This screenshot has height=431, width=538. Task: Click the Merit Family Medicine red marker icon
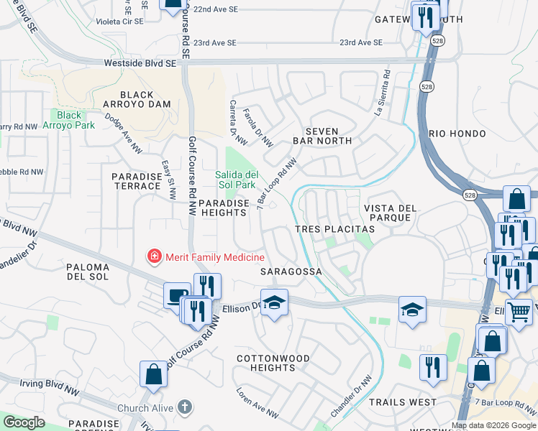pyautogui.click(x=153, y=256)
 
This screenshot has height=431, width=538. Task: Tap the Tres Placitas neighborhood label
pyautogui.click(x=335, y=228)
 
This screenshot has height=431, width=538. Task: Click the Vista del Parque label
pyautogui.click(x=391, y=213)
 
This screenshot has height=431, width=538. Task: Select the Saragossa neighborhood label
pyautogui.click(x=290, y=272)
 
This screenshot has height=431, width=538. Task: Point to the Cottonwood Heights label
pyautogui.click(x=273, y=363)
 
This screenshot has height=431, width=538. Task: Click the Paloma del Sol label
pyautogui.click(x=88, y=272)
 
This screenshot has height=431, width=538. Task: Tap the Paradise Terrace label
pyautogui.click(x=136, y=181)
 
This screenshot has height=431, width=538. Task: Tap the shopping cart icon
pyautogui.click(x=519, y=312)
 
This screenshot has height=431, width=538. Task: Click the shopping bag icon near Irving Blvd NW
pyautogui.click(x=154, y=374)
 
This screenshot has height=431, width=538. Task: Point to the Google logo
pyautogui.click(x=24, y=422)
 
